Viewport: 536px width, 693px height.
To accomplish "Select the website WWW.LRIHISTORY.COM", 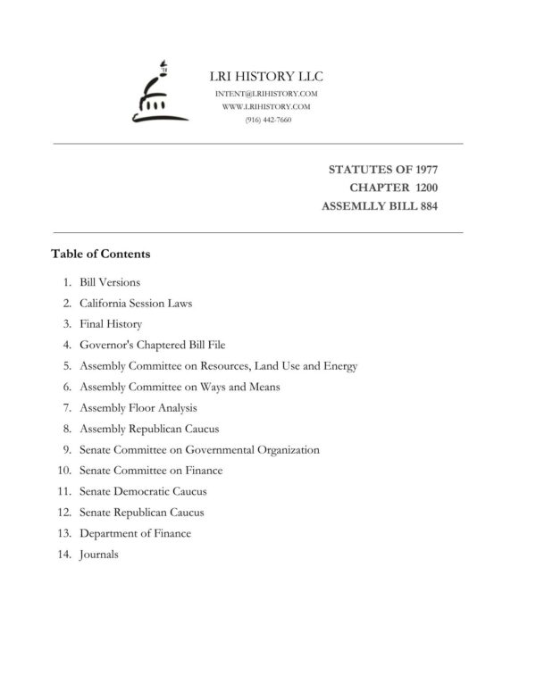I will [x=266, y=106].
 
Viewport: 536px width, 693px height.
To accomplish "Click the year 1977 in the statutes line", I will [x=423, y=170].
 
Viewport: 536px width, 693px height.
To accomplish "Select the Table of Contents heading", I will [x=101, y=254].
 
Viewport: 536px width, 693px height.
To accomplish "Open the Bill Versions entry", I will [x=110, y=282].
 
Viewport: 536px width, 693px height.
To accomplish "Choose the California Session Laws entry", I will [x=136, y=303].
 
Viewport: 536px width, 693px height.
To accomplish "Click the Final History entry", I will [x=111, y=324].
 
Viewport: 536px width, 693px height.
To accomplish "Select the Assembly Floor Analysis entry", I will [x=138, y=408].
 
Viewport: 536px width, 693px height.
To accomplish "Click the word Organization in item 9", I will [x=283, y=450].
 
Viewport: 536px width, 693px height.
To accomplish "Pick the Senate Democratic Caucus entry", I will [x=143, y=492].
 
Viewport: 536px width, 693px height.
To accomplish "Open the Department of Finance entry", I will [x=135, y=533].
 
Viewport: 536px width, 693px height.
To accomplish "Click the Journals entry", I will [x=99, y=555].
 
